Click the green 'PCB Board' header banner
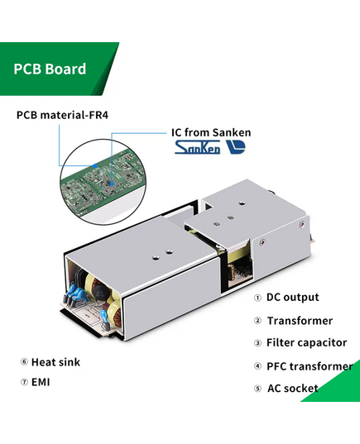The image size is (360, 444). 57,69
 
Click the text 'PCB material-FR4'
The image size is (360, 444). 62,115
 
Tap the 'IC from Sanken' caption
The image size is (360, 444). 211,132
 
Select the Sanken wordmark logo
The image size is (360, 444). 197,147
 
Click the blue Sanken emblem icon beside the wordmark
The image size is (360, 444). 236,147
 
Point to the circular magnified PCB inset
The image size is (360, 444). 103,182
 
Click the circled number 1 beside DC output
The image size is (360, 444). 257,298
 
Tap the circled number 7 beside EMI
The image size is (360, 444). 24,382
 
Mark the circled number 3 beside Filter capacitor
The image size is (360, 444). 257,343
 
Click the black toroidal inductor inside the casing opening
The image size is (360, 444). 99,294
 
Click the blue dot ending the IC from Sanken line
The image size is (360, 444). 112,184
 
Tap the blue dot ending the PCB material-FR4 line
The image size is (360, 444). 95,165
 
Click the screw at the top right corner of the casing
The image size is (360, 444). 301,225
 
